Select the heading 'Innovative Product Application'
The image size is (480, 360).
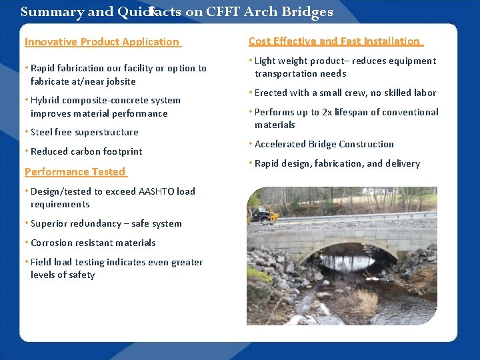(x=102, y=42)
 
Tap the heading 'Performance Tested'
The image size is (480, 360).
(x=75, y=172)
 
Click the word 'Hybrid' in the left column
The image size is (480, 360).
(x=45, y=101)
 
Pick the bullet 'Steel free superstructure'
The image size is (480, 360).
(x=85, y=133)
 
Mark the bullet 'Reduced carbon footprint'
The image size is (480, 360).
(x=86, y=151)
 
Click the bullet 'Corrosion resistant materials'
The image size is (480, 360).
(x=93, y=243)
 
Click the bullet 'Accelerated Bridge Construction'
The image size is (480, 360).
(x=324, y=144)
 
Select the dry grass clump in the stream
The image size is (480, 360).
(x=365, y=299)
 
